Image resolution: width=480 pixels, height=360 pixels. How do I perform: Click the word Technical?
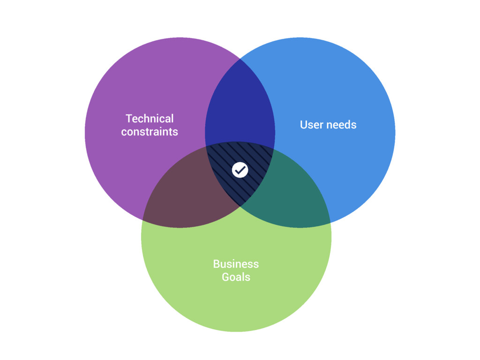pos(150,119)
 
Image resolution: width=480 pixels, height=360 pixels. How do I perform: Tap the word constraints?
pos(150,132)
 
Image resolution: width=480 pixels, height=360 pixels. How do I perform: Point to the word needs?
pos(341,125)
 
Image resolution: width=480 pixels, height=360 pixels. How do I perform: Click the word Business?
pos(236,264)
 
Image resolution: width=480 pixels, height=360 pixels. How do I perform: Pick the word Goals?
pos(236,277)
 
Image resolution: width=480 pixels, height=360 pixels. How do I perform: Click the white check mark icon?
pos(240,170)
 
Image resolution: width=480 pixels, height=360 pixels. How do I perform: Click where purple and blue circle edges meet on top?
pos(240,59)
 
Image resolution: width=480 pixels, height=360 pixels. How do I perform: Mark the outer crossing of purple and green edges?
pos(142,220)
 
